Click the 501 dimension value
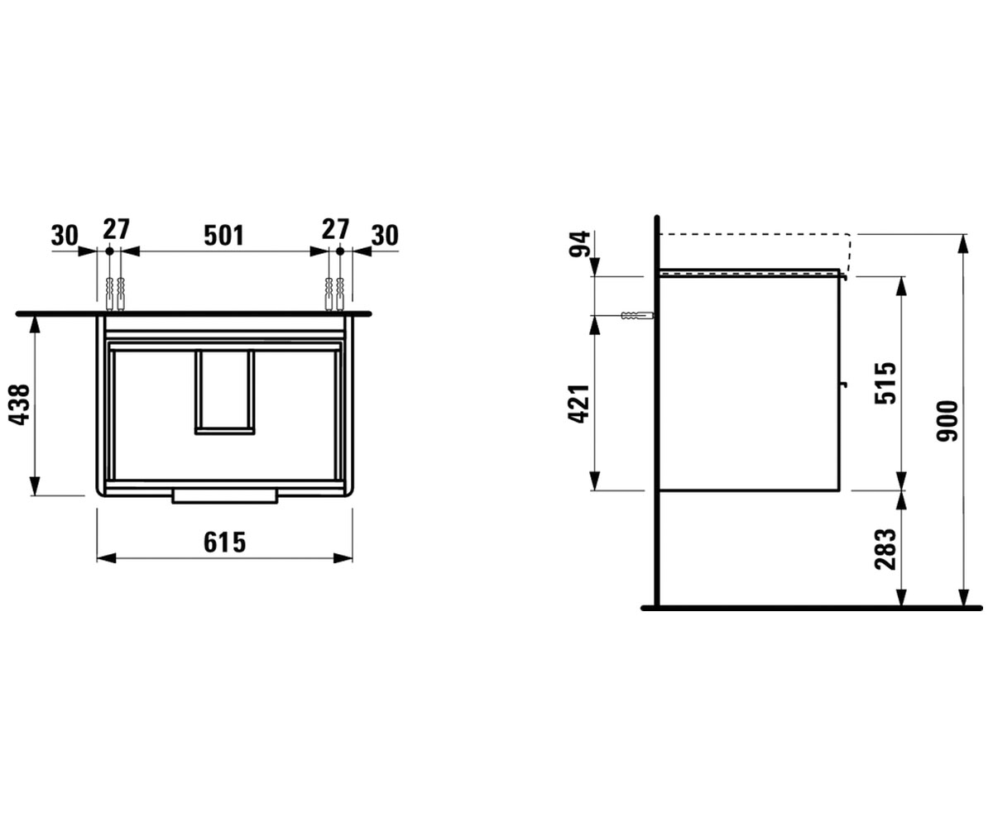coord(224,236)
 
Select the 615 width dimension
coord(225,543)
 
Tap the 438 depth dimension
coord(20,404)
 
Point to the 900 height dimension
coord(947,421)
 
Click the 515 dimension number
coord(885,383)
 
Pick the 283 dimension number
coord(885,549)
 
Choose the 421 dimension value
coord(579,404)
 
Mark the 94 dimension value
coord(580,244)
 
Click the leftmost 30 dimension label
coord(65,236)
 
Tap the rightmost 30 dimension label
coord(385,236)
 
